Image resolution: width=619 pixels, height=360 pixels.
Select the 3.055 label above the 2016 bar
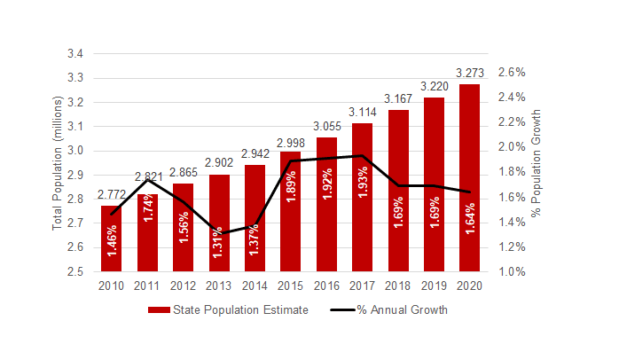point(327,128)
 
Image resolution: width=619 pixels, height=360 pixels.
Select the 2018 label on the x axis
point(398,285)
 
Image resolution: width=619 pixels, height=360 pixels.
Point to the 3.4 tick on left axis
point(75,54)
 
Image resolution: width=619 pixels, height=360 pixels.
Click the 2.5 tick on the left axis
point(75,271)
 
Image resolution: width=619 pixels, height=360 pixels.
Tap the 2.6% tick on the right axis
point(513,72)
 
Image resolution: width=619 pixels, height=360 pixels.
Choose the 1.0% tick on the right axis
point(513,271)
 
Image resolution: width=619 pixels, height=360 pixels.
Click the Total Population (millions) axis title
point(58,163)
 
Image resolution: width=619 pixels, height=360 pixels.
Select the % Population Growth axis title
point(535,163)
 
